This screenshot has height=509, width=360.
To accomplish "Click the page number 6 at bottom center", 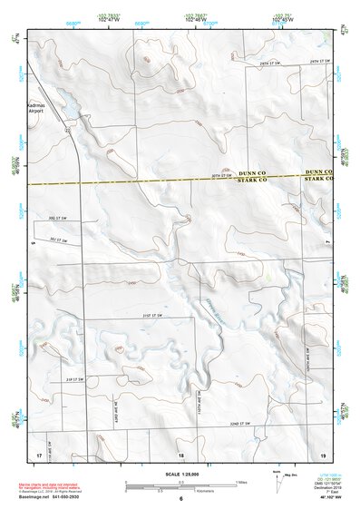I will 181,498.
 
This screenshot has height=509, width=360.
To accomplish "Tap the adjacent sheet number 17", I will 38,454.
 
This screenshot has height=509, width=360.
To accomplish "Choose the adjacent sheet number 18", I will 180,454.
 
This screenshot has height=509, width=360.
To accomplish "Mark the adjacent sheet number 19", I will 321,454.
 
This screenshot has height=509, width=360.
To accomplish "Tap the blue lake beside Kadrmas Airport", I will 65,108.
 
